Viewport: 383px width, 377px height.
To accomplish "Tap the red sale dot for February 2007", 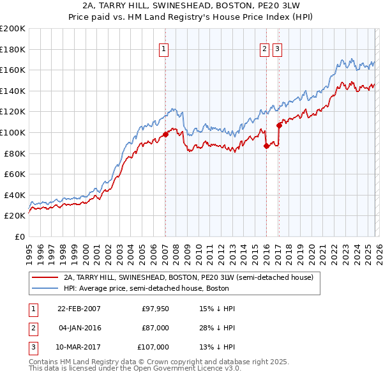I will pyautogui.click(x=165, y=134).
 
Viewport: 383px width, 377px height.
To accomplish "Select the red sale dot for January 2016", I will pyautogui.click(x=266, y=146).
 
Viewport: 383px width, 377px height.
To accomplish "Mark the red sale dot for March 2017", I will pyautogui.click(x=279, y=125).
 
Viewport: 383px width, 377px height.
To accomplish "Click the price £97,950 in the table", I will pyautogui.click(x=155, y=309).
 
